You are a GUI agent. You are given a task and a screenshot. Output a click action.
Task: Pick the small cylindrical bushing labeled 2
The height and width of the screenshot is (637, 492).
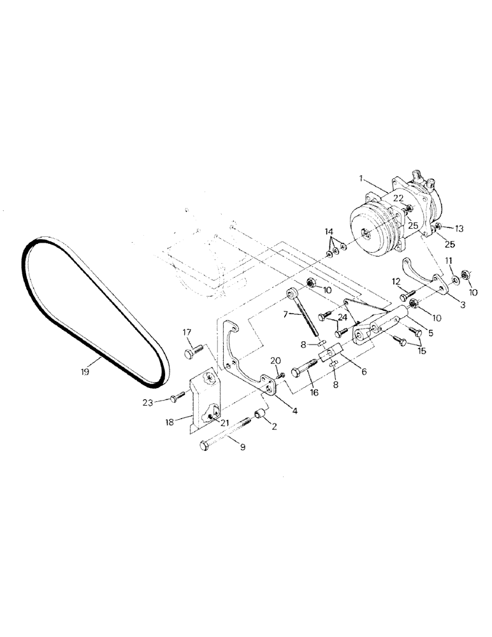260,415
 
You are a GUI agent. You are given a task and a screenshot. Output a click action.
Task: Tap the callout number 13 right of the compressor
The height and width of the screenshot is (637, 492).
459,228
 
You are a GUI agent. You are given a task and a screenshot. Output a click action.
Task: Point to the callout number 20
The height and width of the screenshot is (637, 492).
276,361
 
